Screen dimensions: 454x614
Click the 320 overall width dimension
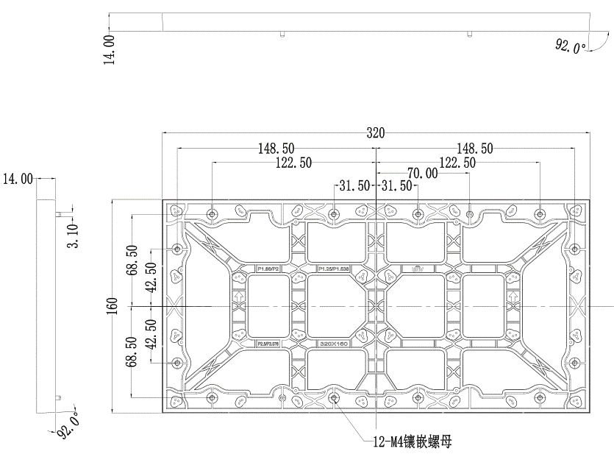pyautogui.click(x=375, y=133)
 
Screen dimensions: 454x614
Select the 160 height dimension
pyautogui.click(x=111, y=305)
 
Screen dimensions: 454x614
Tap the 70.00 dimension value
pyautogui.click(x=423, y=174)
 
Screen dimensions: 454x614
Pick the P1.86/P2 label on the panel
pyautogui.click(x=269, y=270)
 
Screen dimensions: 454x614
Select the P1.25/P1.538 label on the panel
pyautogui.click(x=333, y=270)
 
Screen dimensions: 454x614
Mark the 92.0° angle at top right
pyautogui.click(x=571, y=47)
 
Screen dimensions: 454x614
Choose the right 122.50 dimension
pyautogui.click(x=457, y=163)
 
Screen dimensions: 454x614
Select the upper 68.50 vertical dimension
pyautogui.click(x=132, y=260)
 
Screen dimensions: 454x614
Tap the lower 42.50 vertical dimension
pyautogui.click(x=151, y=336)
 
